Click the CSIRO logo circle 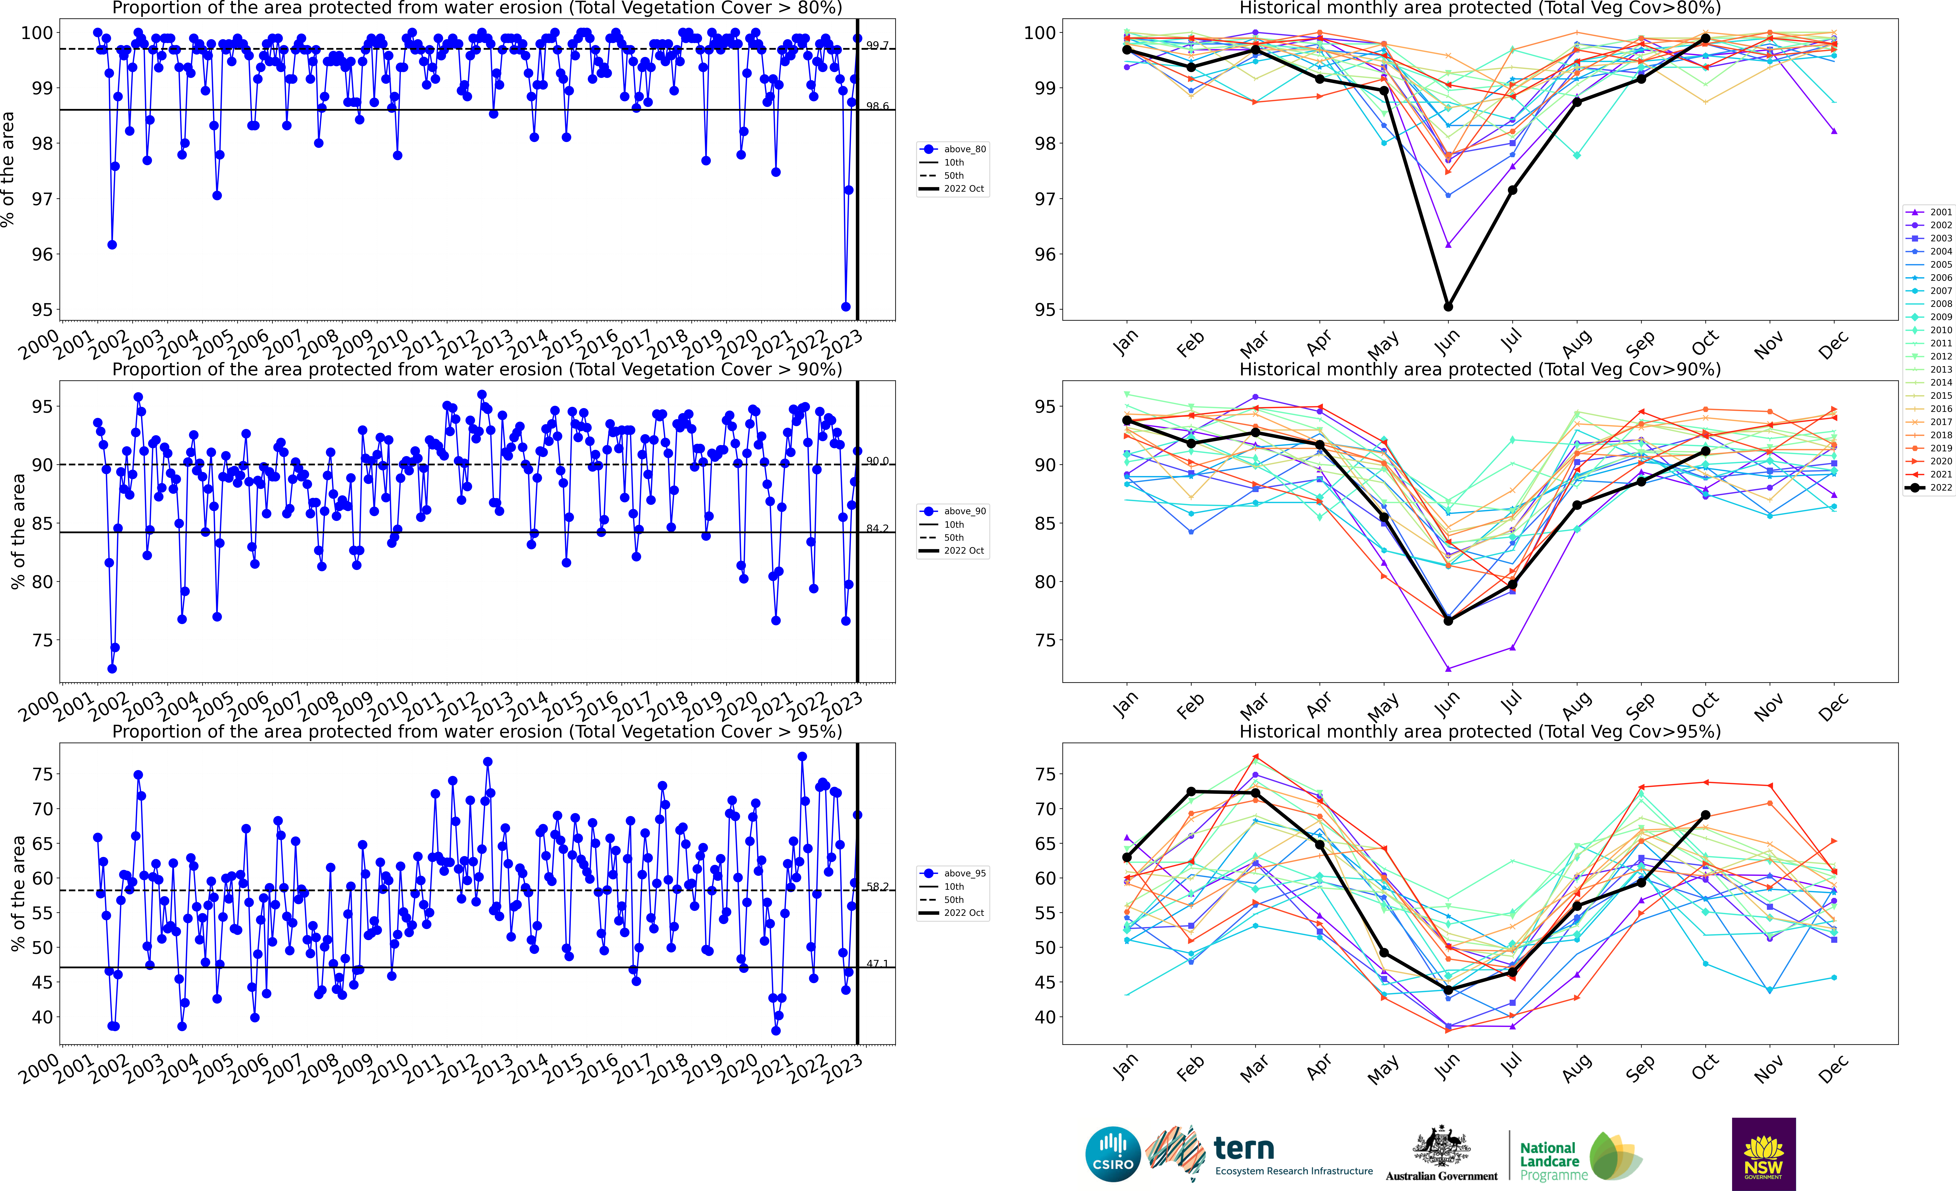1113,1154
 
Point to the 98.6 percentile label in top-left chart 877,106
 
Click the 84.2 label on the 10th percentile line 877,529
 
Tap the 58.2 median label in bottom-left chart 877,887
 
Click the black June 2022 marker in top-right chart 1448,306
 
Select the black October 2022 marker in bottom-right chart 1705,815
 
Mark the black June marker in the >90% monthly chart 1448,621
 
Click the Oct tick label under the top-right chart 1705,343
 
